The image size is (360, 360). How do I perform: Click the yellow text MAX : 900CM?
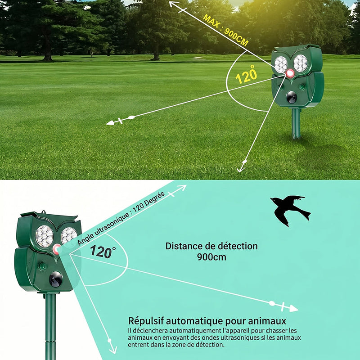click(x=226, y=31)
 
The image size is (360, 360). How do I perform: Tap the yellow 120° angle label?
click(x=246, y=75)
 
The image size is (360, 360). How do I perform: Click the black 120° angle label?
click(x=103, y=252)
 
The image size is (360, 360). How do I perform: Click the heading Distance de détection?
click(x=211, y=246)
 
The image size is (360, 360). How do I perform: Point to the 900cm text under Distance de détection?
click(x=211, y=257)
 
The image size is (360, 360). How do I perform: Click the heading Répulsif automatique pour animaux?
click(x=207, y=321)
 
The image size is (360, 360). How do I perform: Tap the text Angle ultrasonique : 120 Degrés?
click(x=121, y=218)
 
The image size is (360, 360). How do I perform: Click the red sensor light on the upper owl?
click(x=290, y=73)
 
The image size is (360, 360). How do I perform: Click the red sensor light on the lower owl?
click(x=57, y=249)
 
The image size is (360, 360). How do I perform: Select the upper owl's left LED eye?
click(x=281, y=65)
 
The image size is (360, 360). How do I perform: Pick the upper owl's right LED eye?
click(x=300, y=63)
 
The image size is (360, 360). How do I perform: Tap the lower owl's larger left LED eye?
click(x=45, y=236)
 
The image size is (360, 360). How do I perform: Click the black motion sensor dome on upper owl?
click(x=292, y=97)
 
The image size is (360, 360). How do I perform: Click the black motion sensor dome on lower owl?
click(x=56, y=279)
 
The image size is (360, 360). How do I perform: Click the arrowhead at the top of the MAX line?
click(x=173, y=4)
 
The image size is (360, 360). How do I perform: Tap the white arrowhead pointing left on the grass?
click(x=110, y=123)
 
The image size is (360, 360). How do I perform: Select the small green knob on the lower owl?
click(x=42, y=266)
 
